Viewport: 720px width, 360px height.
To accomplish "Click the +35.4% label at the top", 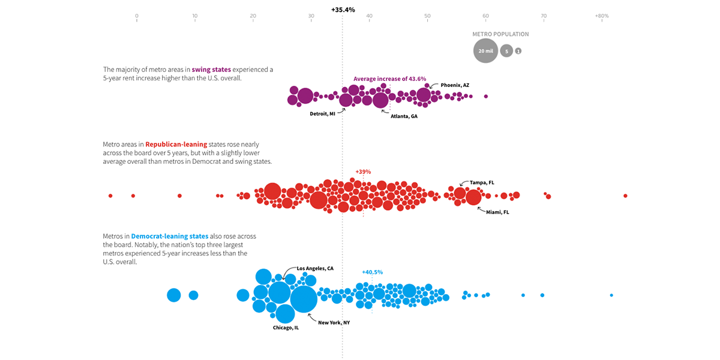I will pyautogui.click(x=343, y=10).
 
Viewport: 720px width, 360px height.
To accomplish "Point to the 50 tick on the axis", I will pyautogui.click(x=427, y=16).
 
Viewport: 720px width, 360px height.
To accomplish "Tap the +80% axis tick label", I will pyautogui.click(x=601, y=16).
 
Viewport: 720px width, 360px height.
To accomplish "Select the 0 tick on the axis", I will pyautogui.click(x=137, y=16).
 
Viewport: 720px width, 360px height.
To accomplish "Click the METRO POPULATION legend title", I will pyautogui.click(x=500, y=34).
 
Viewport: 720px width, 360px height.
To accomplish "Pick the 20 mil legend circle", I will pyautogui.click(x=485, y=51).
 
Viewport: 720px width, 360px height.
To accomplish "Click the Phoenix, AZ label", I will pyautogui.click(x=455, y=85).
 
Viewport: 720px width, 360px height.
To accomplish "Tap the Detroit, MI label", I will pyautogui.click(x=323, y=113).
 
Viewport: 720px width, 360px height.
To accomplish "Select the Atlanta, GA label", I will pyautogui.click(x=404, y=116).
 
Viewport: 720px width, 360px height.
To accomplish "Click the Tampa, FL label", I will pyautogui.click(x=482, y=182).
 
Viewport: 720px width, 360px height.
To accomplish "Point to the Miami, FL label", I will pyautogui.click(x=497, y=212).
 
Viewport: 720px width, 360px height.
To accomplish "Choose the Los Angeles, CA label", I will pyautogui.click(x=315, y=268).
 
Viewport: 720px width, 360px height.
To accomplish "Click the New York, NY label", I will pyautogui.click(x=334, y=322).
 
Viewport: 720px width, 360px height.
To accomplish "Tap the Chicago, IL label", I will pyautogui.click(x=286, y=328).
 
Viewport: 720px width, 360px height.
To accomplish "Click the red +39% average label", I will pyautogui.click(x=363, y=172).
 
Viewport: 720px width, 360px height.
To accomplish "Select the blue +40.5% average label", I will pyautogui.click(x=372, y=272).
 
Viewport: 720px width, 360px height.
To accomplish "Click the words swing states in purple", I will pyautogui.click(x=211, y=70).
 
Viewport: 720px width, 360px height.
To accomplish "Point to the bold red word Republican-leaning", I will pyautogui.click(x=179, y=144).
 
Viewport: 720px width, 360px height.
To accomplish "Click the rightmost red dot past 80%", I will pyautogui.click(x=625, y=196).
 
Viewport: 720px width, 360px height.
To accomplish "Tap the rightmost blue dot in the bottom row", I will pyautogui.click(x=611, y=295).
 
